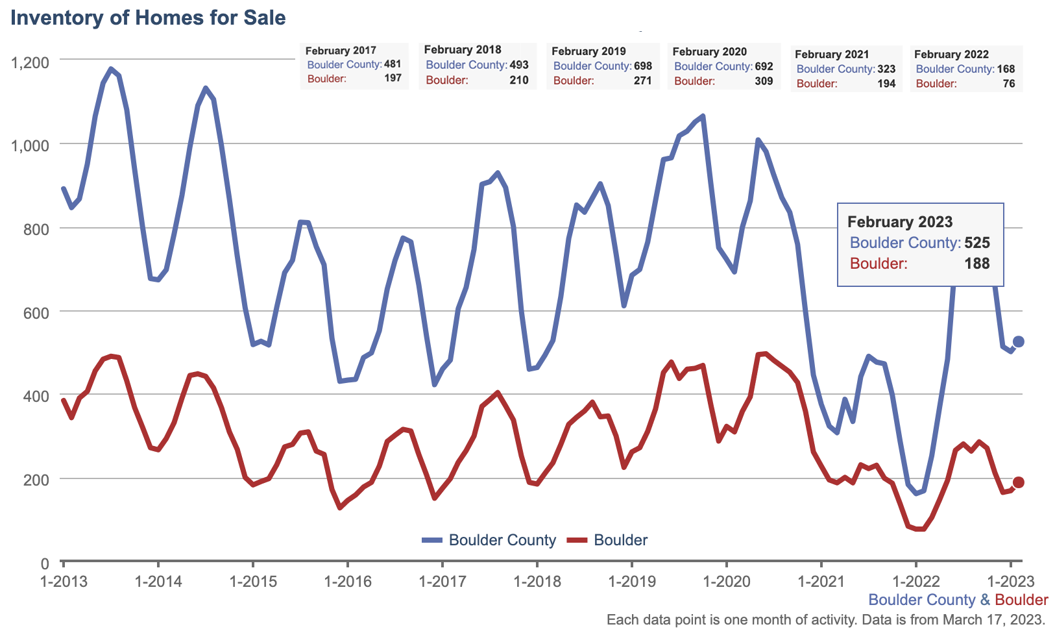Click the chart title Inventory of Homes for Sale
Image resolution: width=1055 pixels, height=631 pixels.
click(x=148, y=18)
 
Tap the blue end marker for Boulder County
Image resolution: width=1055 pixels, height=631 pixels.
click(x=1018, y=341)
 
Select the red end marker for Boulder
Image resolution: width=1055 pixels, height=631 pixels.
click(x=1018, y=482)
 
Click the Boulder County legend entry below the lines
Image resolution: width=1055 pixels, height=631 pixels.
click(x=489, y=540)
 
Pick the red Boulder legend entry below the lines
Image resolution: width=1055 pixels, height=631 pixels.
click(x=608, y=540)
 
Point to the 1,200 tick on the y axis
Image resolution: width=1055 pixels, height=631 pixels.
click(x=30, y=62)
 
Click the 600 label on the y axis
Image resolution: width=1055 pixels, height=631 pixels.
click(x=36, y=313)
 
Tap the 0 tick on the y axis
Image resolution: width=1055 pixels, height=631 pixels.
click(x=44, y=563)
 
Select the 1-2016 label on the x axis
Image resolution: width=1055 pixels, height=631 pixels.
click(x=348, y=581)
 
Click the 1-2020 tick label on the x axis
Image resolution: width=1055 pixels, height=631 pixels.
click(x=726, y=581)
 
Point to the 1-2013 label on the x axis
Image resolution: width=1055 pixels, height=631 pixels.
click(x=64, y=581)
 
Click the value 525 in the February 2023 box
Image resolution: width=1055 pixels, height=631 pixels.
click(x=977, y=243)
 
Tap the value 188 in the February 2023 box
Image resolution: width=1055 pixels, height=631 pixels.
click(x=977, y=264)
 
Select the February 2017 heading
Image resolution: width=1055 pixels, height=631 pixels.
click(x=341, y=51)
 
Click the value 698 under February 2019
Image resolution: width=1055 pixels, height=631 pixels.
click(x=642, y=66)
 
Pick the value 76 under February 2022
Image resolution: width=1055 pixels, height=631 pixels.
click(x=1009, y=84)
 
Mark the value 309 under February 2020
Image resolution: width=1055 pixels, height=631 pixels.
click(x=764, y=81)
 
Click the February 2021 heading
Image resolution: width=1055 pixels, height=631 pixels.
click(x=831, y=55)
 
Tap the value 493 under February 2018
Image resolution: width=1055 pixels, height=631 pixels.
click(x=519, y=65)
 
